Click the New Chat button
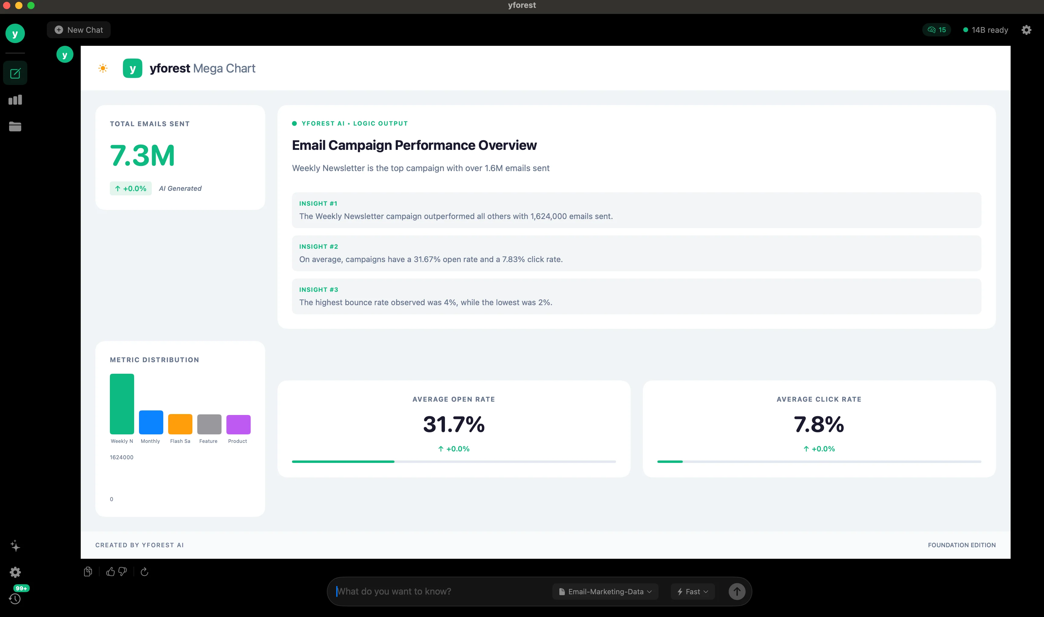tap(79, 30)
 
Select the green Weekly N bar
tap(122, 404)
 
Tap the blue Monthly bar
tap(151, 422)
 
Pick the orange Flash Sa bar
tap(180, 424)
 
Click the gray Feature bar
tap(209, 424)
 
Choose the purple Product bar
tap(238, 424)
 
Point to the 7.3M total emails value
tap(142, 156)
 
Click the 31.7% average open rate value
tap(454, 424)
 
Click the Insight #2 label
tap(319, 247)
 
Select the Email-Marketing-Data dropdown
tap(605, 592)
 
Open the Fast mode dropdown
tap(693, 592)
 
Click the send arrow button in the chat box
tap(737, 592)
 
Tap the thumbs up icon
tap(110, 572)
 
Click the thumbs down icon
tap(123, 572)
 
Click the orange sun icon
tap(103, 68)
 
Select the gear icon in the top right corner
tap(1026, 30)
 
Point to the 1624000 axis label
tap(121, 457)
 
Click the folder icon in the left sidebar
tap(15, 126)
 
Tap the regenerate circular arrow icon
tap(144, 572)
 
